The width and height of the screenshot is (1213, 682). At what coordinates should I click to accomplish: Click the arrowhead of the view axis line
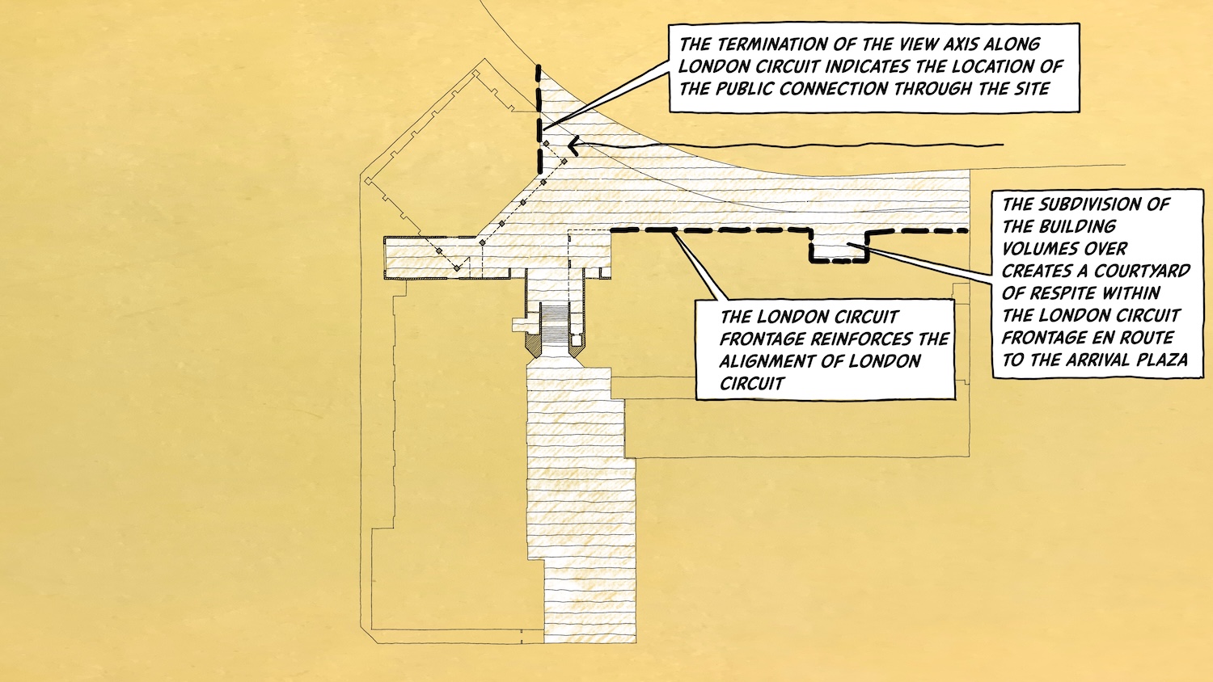(573, 145)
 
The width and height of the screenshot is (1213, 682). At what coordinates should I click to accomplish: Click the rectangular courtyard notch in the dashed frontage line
(839, 246)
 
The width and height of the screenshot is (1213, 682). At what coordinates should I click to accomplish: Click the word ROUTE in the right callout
(1145, 338)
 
